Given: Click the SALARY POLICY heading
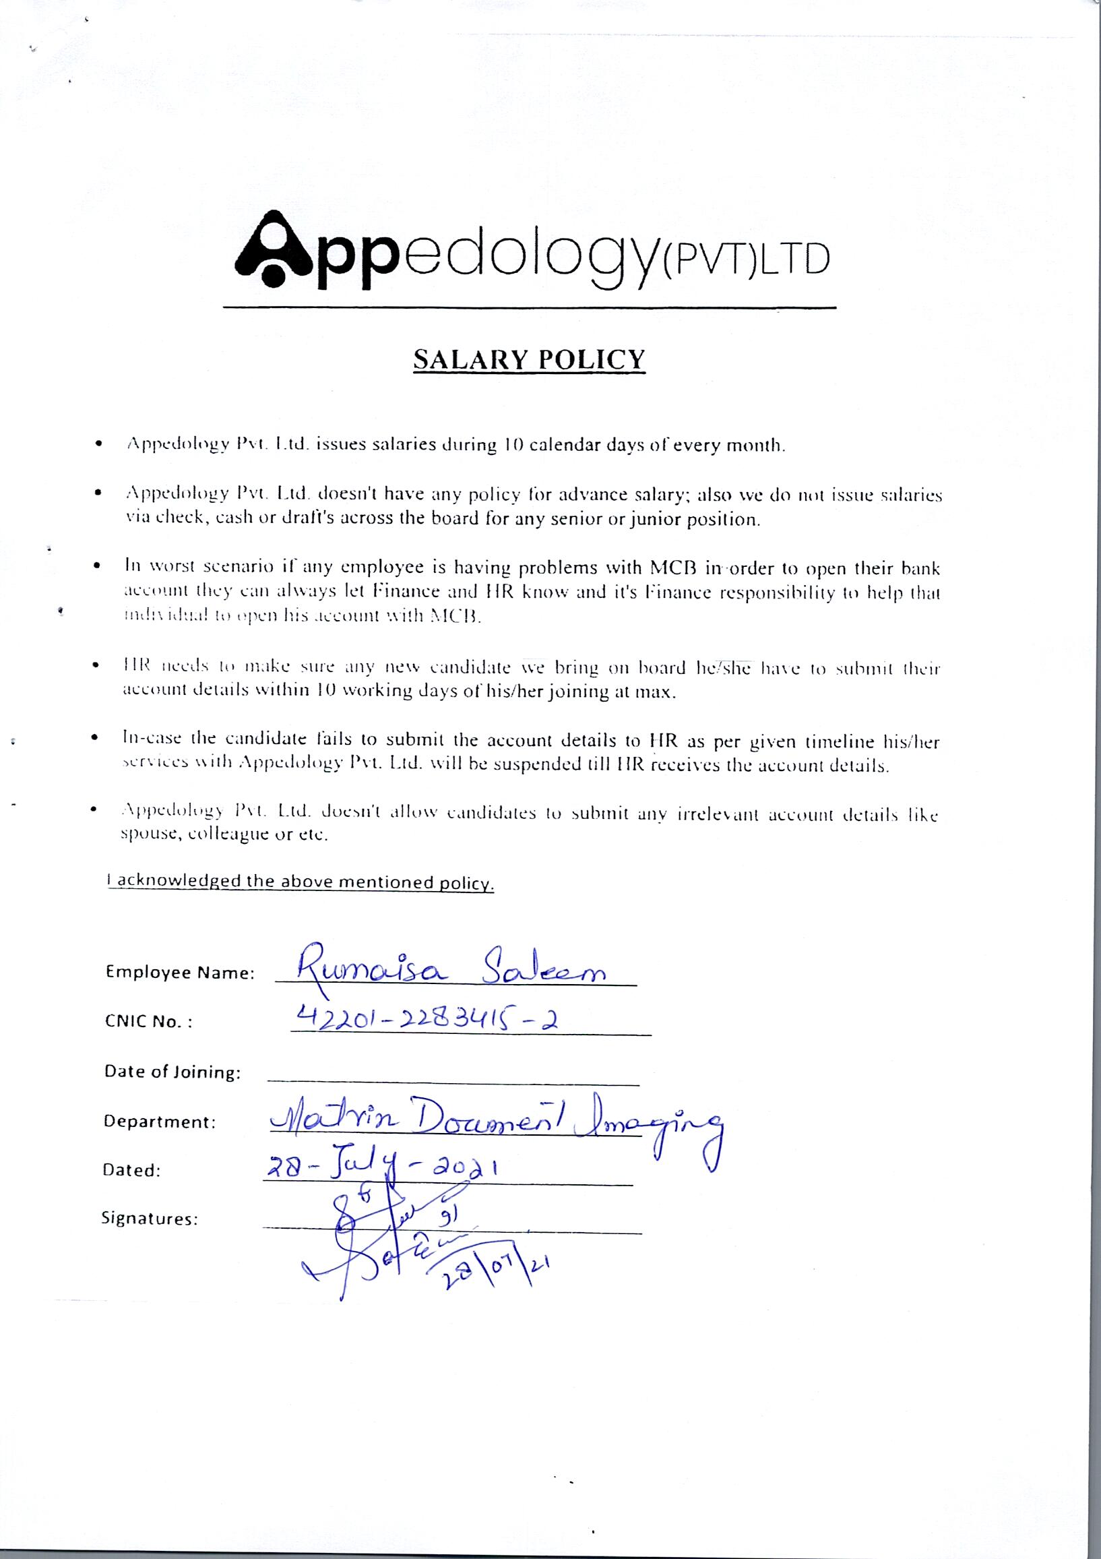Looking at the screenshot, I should click(529, 359).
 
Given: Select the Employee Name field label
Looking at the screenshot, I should click(180, 973).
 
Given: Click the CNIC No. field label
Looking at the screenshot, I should click(148, 1022).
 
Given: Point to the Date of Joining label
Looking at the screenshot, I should click(172, 1072).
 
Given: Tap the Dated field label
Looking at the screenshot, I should click(131, 1171).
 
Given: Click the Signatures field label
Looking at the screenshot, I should click(150, 1219).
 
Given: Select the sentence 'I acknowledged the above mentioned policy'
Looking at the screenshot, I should click(301, 882).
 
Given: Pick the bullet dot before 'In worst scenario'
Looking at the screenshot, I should click(99, 565).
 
